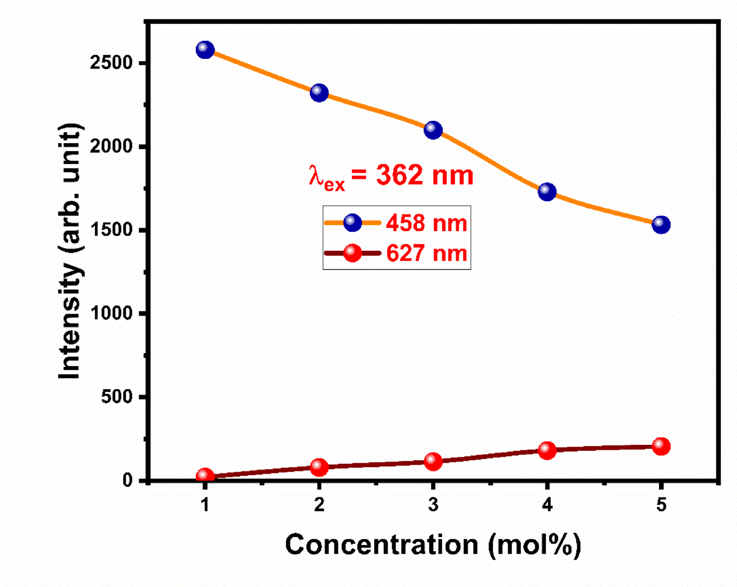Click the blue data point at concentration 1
click(205, 50)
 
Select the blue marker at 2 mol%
click(319, 93)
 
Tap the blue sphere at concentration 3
click(433, 130)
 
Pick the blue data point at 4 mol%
click(547, 192)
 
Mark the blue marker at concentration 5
click(661, 225)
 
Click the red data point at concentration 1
click(205, 476)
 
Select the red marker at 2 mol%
click(319, 467)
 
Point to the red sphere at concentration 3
click(433, 461)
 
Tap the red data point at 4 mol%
click(547, 450)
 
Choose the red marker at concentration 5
click(661, 446)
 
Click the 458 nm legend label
click(426, 224)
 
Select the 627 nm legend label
click(426, 253)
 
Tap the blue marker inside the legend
click(352, 223)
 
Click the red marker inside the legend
click(352, 253)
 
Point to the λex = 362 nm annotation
click(391, 176)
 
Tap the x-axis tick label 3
click(433, 505)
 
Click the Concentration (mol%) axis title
click(432, 545)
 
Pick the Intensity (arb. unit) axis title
click(70, 251)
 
